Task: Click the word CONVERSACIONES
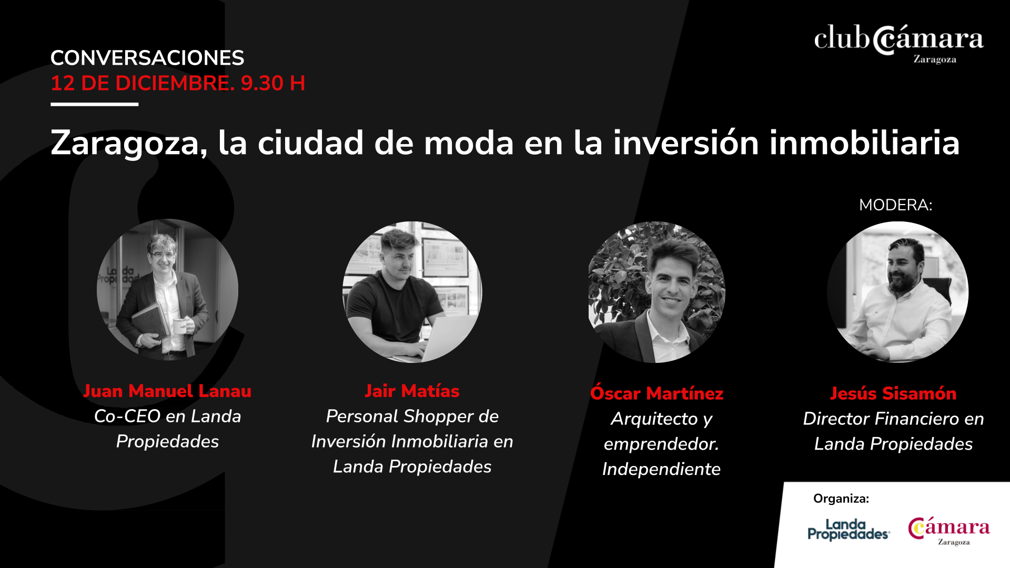point(147,58)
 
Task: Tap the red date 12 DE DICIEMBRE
point(143,83)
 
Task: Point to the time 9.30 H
point(273,83)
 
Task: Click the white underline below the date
point(95,104)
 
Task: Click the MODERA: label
point(895,205)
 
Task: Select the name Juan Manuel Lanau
point(167,391)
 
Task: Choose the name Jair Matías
point(412,391)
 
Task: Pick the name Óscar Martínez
point(656,393)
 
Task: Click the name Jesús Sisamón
point(893,393)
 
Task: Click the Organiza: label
point(841,499)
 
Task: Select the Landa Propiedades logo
point(849,530)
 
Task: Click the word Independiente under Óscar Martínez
point(661,469)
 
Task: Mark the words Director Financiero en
point(893,419)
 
